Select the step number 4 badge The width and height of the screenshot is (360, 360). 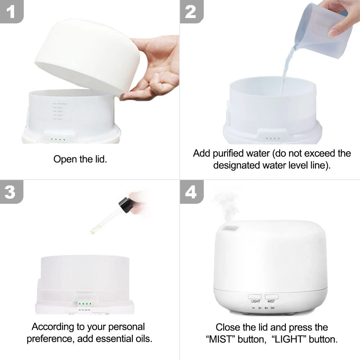(191, 192)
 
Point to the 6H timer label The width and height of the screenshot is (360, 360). (266, 308)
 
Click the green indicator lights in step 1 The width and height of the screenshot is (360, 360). (58, 139)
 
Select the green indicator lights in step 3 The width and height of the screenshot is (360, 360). (84, 303)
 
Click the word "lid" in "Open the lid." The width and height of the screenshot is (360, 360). (99, 159)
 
